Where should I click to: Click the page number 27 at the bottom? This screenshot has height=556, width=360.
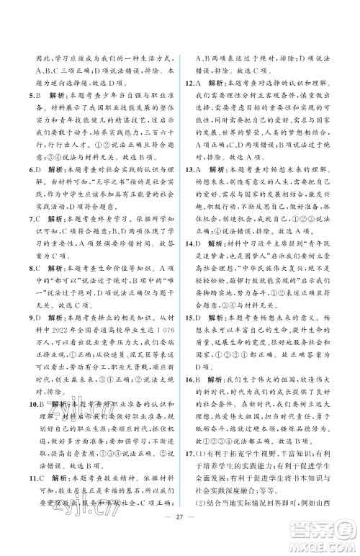(180, 539)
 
